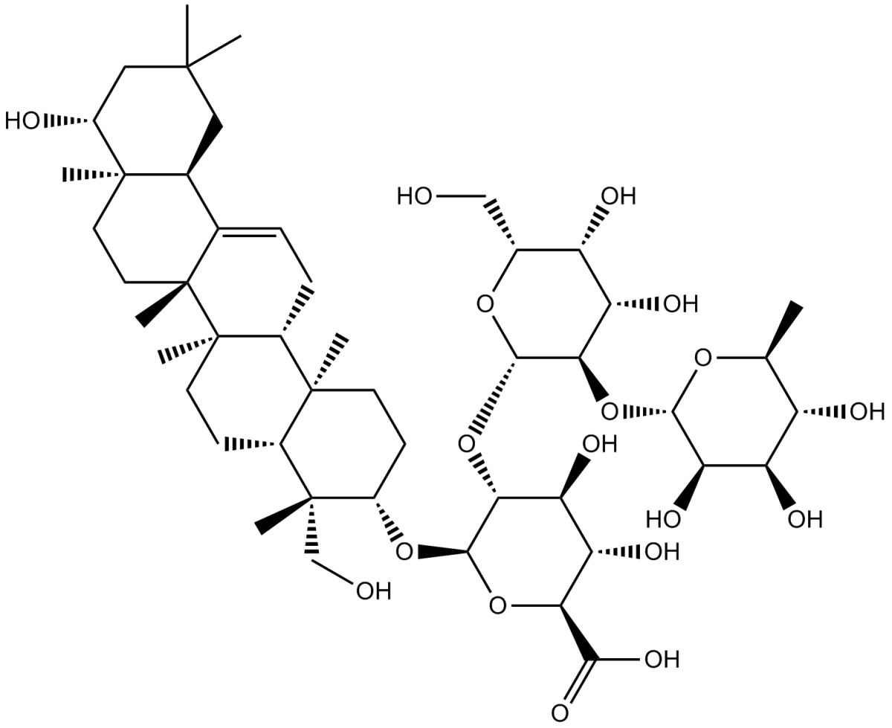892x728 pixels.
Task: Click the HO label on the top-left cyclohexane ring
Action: click(x=22, y=121)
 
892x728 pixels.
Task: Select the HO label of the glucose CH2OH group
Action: click(x=414, y=197)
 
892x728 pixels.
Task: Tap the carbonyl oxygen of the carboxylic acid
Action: click(x=560, y=714)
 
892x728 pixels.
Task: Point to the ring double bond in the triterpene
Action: click(x=250, y=231)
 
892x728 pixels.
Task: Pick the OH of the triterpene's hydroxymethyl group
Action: click(x=373, y=591)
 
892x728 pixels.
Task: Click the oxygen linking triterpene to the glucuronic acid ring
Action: click(x=404, y=552)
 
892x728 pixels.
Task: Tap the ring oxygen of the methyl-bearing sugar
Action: click(x=702, y=358)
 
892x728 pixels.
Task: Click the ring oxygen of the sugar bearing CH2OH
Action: click(x=485, y=304)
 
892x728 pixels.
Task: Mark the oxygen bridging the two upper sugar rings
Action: click(x=610, y=411)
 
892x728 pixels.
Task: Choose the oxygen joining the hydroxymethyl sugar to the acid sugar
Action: click(x=466, y=445)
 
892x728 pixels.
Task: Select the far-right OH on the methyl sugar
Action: click(x=867, y=411)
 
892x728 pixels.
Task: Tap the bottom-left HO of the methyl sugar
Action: click(x=663, y=519)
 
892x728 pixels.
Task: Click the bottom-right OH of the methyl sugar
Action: click(x=805, y=519)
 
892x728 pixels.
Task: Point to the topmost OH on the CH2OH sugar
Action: click(x=618, y=197)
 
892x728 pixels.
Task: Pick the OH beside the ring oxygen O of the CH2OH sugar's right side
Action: click(x=681, y=304)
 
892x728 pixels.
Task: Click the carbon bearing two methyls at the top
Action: click(x=187, y=67)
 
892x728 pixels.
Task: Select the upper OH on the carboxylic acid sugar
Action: click(x=600, y=445)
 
